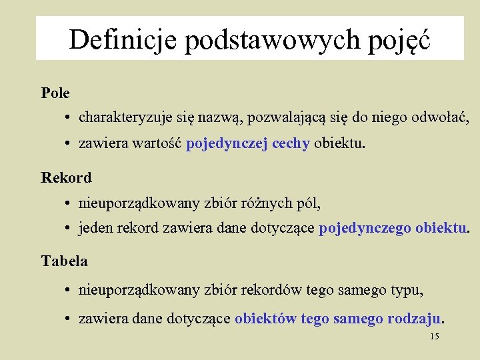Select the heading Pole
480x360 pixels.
coord(55,93)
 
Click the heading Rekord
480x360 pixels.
coord(66,177)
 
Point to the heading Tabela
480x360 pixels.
coord(64,261)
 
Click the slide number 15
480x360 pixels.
coord(435,337)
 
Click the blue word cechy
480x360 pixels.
coord(291,144)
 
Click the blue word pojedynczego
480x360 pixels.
coord(365,229)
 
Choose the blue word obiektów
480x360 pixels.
coord(266,319)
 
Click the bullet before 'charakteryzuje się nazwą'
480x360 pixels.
coord(69,119)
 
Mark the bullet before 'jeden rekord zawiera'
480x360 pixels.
coord(69,229)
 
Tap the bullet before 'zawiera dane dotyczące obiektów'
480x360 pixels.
coord(69,319)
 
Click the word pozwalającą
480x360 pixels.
coord(286,119)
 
